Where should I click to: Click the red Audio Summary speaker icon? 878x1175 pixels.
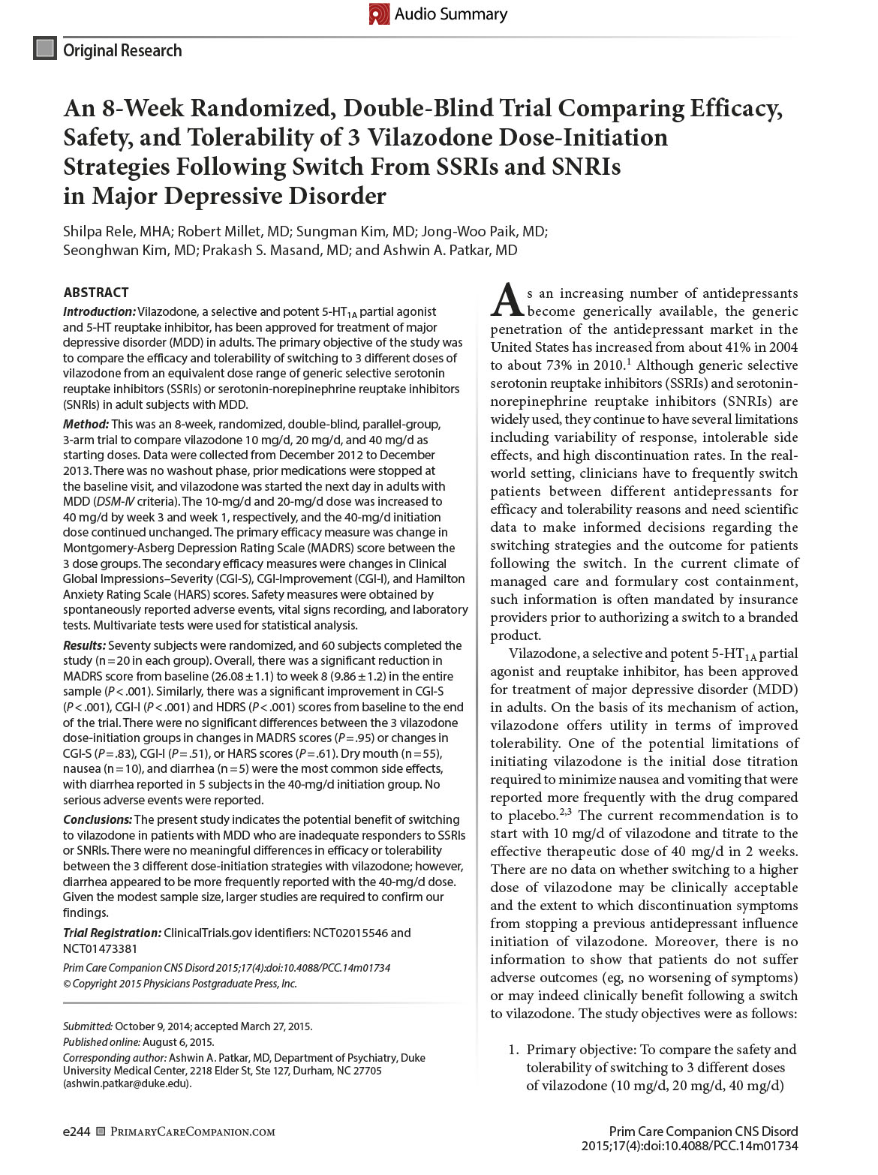pyautogui.click(x=379, y=14)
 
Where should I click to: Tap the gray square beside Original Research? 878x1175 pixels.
pyautogui.click(x=45, y=49)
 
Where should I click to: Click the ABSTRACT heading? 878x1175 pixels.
pyautogui.click(x=95, y=293)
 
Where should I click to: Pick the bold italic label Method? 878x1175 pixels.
pyautogui.click(x=86, y=425)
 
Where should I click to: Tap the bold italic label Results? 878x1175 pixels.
pyautogui.click(x=84, y=645)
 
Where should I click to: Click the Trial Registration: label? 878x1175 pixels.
pyautogui.click(x=112, y=933)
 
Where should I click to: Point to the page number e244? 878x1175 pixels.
pyautogui.click(x=77, y=1131)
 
